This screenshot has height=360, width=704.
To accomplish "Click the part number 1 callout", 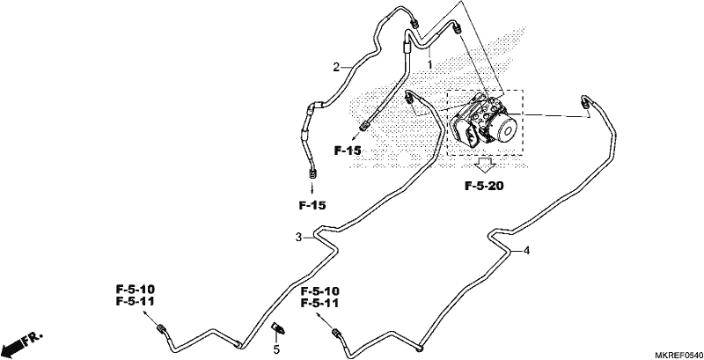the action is [429, 64].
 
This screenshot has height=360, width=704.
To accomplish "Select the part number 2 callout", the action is [336, 67].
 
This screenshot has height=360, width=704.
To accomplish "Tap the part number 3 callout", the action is [298, 237].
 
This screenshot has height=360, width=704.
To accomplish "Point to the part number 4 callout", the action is [526, 251].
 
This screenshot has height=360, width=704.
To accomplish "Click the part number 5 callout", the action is [276, 349].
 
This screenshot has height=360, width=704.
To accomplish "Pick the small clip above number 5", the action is [278, 329].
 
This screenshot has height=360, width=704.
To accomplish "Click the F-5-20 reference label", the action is [484, 186].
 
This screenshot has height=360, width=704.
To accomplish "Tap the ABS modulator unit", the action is [483, 119].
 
